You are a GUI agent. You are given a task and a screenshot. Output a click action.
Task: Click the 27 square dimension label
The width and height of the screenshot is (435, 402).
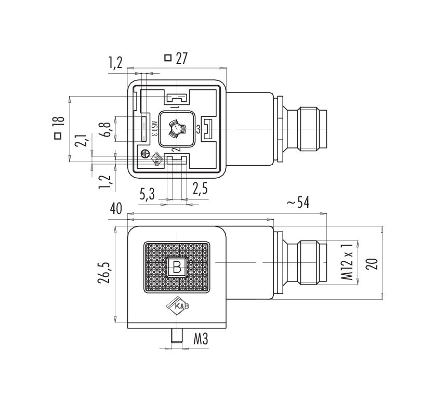pos(176,58)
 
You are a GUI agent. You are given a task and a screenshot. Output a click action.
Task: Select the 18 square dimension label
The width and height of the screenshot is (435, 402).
pos(59,128)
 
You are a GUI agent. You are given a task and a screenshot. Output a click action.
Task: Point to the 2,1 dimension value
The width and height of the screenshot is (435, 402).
pos(81,141)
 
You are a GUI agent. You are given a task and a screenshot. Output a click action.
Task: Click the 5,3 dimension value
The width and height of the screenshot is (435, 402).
pos(147,194)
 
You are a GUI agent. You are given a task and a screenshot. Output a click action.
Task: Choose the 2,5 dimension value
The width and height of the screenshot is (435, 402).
pos(200,189)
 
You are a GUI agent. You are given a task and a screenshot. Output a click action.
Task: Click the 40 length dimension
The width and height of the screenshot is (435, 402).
pos(116,208)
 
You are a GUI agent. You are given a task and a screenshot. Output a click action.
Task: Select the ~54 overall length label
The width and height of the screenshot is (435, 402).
pos(298,203)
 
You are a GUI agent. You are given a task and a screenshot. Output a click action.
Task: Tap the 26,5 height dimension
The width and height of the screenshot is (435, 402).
pos(103,273)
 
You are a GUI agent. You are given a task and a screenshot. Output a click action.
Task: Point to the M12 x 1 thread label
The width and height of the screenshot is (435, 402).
pos(347,262)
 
